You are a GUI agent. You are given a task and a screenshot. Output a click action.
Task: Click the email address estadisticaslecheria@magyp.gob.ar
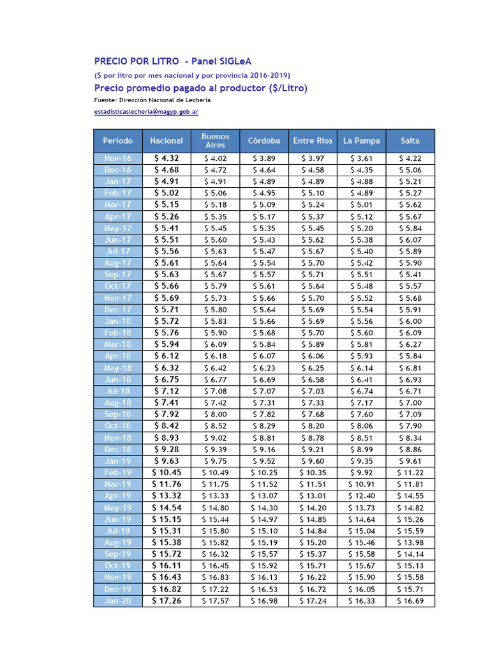pyautogui.click(x=145, y=112)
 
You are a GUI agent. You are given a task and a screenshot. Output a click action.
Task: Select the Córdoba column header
pyautogui.click(x=264, y=141)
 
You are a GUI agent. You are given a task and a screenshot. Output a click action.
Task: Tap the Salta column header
pyautogui.click(x=410, y=141)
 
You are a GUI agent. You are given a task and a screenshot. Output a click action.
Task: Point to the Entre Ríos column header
pyautogui.click(x=313, y=141)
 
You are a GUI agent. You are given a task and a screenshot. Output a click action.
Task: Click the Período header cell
pyautogui.click(x=118, y=141)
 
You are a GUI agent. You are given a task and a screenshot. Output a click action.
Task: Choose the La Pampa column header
pyautogui.click(x=361, y=141)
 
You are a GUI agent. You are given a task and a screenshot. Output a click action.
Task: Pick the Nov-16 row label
pyautogui.click(x=118, y=158)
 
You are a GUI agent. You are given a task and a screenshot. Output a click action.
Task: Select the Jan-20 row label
pyautogui.click(x=118, y=601)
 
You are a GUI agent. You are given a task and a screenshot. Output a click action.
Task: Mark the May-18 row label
pyautogui.click(x=118, y=368)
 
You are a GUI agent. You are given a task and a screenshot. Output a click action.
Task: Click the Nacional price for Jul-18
pyautogui.click(x=167, y=391)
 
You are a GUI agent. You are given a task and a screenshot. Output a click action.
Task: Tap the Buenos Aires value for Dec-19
pyautogui.click(x=215, y=589)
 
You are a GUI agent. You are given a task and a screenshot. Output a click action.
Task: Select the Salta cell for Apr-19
pyautogui.click(x=410, y=496)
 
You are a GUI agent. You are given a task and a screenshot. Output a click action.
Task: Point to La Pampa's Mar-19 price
pyautogui.click(x=361, y=485)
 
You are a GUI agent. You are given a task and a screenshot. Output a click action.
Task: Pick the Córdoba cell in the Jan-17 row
pyautogui.click(x=264, y=181)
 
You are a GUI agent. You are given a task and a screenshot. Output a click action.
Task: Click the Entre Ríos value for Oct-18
pyautogui.click(x=313, y=426)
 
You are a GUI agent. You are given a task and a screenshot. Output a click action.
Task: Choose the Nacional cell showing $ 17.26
pyautogui.click(x=167, y=601)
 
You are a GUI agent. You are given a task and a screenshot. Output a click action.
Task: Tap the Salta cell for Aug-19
pyautogui.click(x=410, y=543)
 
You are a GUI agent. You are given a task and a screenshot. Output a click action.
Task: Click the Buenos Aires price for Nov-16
pyautogui.click(x=215, y=158)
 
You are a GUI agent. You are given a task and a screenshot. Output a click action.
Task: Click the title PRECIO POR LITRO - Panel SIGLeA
pyautogui.click(x=173, y=61)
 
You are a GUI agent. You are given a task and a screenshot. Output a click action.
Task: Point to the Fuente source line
pyautogui.click(x=152, y=100)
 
